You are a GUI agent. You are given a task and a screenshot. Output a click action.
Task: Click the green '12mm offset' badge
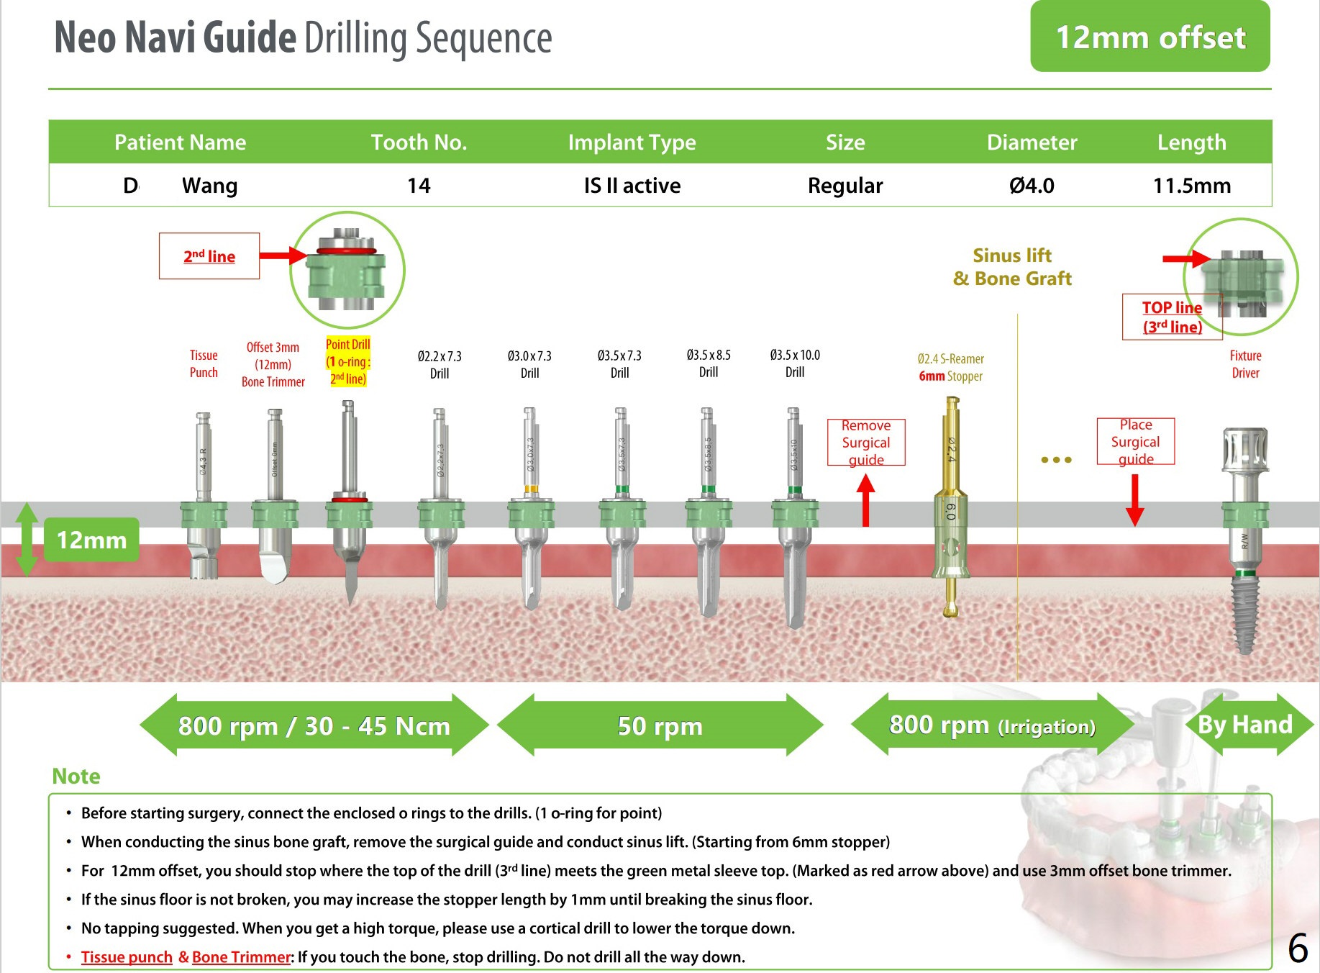coord(1150,37)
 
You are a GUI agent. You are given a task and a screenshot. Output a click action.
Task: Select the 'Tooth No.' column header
coord(419,142)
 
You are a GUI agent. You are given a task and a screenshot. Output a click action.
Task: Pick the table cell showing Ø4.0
coord(1032,186)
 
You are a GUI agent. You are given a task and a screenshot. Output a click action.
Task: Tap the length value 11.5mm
coord(1191,186)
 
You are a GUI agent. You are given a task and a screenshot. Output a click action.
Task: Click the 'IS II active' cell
coord(632,186)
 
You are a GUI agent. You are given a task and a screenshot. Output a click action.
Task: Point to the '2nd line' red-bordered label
coord(209,256)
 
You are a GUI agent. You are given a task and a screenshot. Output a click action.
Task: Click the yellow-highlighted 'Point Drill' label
coord(347,361)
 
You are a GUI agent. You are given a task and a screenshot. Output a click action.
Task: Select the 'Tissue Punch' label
coord(204,363)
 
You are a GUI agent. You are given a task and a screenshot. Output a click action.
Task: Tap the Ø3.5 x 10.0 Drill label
coord(794,363)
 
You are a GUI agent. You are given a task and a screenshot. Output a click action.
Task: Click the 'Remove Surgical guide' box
coord(866,443)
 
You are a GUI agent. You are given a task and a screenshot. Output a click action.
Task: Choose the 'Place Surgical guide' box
coord(1135,441)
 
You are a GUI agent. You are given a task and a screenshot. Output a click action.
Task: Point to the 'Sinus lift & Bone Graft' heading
coord(1012,267)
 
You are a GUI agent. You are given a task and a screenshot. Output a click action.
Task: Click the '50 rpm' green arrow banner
coord(660,725)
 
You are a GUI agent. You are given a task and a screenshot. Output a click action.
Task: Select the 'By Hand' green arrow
coord(1245,724)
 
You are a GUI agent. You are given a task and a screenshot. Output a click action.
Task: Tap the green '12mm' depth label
coord(91,540)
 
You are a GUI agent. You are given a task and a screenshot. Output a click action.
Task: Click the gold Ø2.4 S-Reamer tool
coord(950,504)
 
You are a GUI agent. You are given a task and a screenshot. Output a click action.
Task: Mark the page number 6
coord(1297,948)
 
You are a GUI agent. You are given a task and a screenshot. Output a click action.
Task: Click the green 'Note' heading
coord(76,776)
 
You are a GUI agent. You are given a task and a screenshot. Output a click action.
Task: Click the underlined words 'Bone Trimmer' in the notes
coord(241,957)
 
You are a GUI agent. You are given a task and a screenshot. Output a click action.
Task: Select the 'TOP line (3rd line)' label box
coord(1172,317)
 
